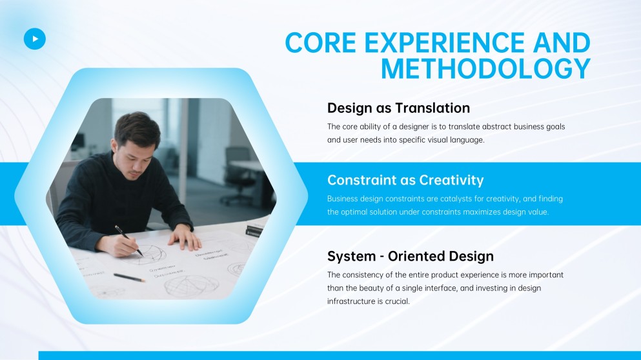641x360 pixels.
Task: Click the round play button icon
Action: click(x=35, y=39)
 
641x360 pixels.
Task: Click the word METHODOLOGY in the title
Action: click(x=485, y=69)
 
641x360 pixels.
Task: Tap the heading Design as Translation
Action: click(x=398, y=108)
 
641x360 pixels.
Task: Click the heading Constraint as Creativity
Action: click(x=405, y=180)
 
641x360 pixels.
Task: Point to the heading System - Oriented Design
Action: click(x=410, y=256)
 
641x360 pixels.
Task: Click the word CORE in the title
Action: click(x=320, y=43)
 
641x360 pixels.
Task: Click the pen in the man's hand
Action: click(x=128, y=240)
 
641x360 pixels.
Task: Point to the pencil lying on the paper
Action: click(x=129, y=277)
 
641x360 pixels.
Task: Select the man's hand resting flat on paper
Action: click(x=185, y=239)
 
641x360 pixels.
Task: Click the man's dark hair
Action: click(x=137, y=128)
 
